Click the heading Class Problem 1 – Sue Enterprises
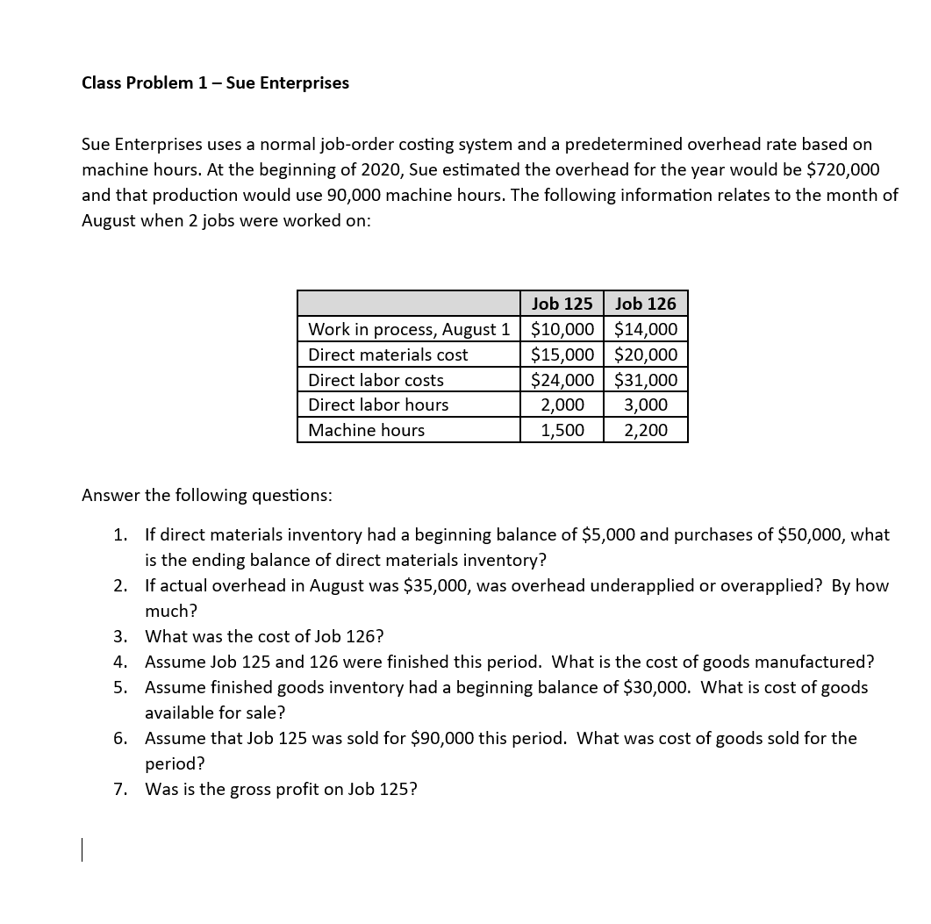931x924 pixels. tap(215, 82)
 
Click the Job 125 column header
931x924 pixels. tap(562, 304)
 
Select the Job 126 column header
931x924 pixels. tap(646, 304)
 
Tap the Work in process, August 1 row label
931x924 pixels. tap(408, 329)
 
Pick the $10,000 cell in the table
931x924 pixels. tap(562, 329)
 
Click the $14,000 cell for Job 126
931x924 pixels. tap(646, 329)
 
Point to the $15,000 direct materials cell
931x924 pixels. tap(562, 355)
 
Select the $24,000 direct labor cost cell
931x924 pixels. tap(562, 380)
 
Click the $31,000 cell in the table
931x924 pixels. tap(646, 380)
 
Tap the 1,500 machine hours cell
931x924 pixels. tap(562, 430)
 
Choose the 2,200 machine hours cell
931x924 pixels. tap(646, 430)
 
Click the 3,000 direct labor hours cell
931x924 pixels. tap(646, 405)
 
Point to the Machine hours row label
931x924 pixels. tap(366, 430)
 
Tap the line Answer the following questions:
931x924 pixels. tap(206, 495)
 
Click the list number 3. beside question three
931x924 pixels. tap(120, 636)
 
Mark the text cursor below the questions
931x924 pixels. tap(82, 850)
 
